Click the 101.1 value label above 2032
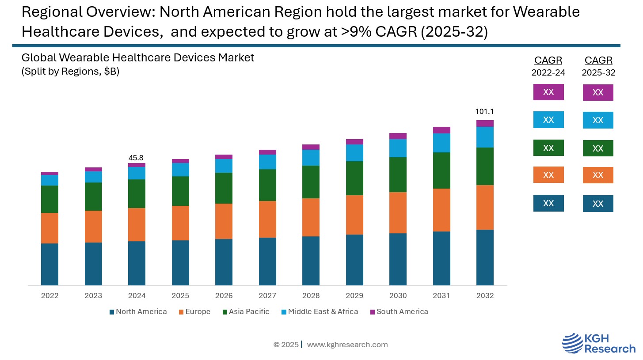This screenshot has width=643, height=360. (x=485, y=111)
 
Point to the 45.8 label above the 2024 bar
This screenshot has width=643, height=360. (x=136, y=158)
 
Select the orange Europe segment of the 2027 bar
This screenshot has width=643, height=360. (x=267, y=219)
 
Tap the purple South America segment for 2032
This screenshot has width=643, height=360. (x=485, y=123)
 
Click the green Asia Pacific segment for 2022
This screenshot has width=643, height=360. (x=49, y=199)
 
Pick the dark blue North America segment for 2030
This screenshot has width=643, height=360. (x=398, y=259)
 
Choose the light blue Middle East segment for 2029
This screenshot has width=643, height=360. (x=354, y=153)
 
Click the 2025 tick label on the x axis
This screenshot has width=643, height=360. (x=180, y=296)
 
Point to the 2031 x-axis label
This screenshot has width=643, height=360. (x=441, y=296)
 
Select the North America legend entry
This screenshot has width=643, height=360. (x=138, y=311)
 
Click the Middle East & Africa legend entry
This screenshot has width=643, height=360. (x=320, y=311)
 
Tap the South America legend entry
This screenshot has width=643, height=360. (x=399, y=311)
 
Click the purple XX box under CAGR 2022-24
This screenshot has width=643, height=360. (x=548, y=92)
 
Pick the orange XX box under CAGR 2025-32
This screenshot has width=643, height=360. (x=598, y=175)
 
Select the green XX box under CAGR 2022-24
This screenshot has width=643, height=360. (x=548, y=148)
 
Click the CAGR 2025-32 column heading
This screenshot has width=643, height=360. (x=598, y=66)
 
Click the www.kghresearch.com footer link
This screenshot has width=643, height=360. (x=347, y=345)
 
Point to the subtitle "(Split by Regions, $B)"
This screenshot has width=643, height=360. (x=70, y=72)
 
